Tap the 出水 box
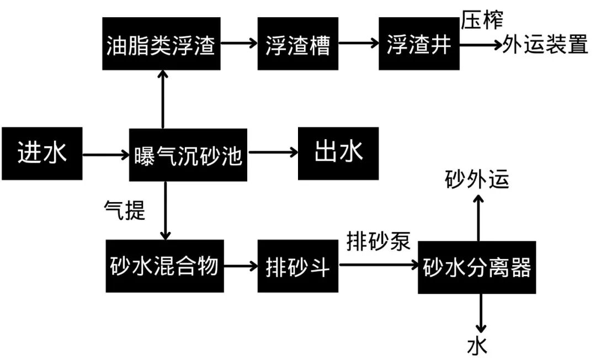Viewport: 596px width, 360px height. [338, 153]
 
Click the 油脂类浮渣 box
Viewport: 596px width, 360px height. [162, 44]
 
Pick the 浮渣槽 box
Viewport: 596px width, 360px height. [297, 44]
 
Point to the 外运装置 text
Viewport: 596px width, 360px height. [545, 45]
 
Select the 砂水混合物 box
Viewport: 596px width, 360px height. [165, 267]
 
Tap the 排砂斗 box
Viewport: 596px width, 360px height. [297, 267]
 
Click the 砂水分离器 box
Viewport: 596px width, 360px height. [477, 267]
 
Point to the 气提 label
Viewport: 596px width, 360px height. [125, 210]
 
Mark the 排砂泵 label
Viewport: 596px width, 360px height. [379, 241]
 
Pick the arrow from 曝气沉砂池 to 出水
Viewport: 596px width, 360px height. [271, 155]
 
